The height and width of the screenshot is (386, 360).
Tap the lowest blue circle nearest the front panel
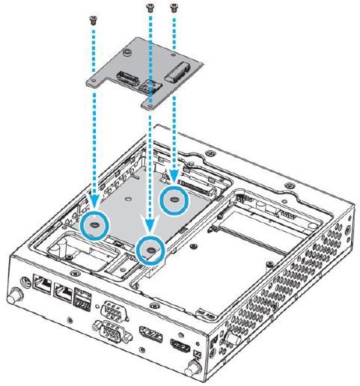click(150, 250)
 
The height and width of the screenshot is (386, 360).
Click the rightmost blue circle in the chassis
click(175, 200)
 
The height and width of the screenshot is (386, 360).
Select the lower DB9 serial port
click(109, 330)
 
